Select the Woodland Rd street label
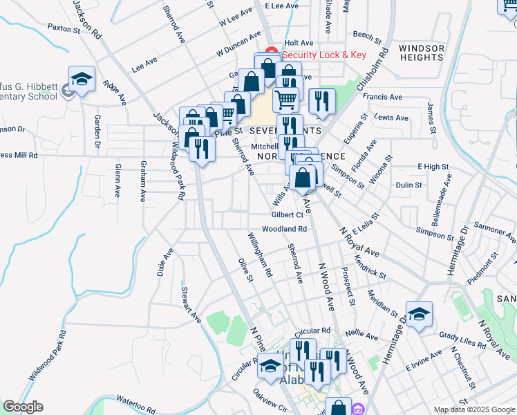click(283, 228)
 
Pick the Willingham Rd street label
click(261, 255)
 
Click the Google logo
click(22, 407)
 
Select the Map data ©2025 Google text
click(473, 409)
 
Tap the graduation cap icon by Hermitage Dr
click(419, 314)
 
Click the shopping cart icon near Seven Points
click(285, 99)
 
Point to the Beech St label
click(367, 35)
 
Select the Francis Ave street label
click(382, 98)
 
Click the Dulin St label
click(409, 185)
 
